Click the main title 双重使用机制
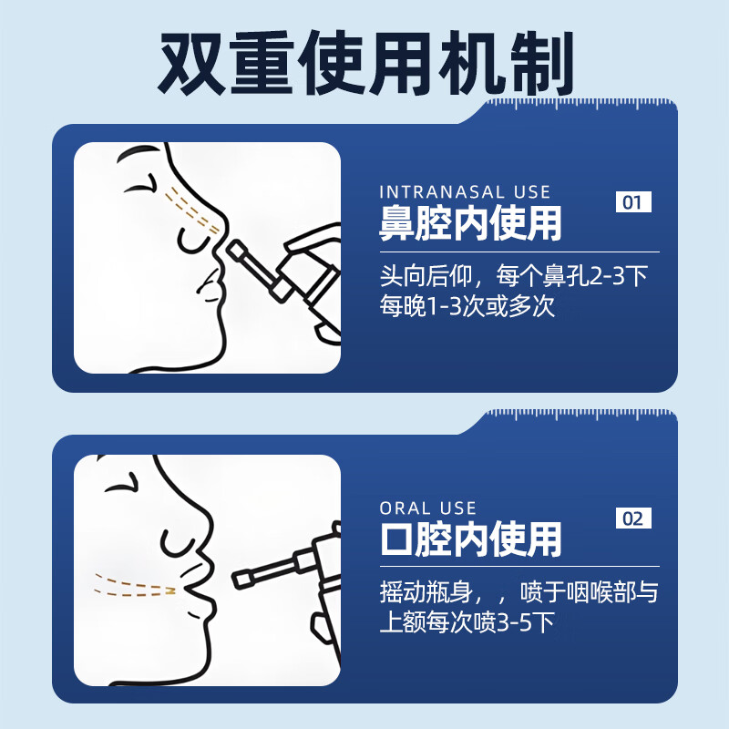pos(364,61)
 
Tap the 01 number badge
pos(633,201)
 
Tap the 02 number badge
pos(633,519)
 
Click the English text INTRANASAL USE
pos(465,192)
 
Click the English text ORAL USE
pos(427,508)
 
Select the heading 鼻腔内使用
pos(470,224)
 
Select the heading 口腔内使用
pos(470,540)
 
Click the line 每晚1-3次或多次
pos(467,306)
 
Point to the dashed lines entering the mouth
pos(137,584)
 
